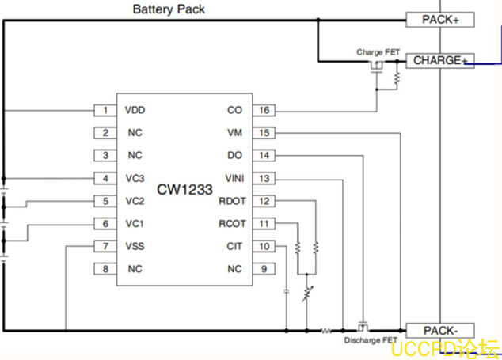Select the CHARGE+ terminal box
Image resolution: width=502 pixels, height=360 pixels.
click(x=441, y=60)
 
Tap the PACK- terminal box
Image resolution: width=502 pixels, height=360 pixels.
click(x=440, y=330)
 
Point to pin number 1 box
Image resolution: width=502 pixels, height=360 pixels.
click(x=105, y=110)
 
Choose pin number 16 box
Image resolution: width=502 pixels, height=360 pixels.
click(x=264, y=110)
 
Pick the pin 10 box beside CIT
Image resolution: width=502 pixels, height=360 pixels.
click(x=264, y=247)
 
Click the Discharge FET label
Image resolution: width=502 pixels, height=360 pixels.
click(x=371, y=341)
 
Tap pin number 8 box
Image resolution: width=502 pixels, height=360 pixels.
click(x=105, y=270)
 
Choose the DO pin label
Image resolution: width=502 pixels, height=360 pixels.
click(x=234, y=156)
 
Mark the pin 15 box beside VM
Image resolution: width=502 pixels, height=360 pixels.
click(x=264, y=133)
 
